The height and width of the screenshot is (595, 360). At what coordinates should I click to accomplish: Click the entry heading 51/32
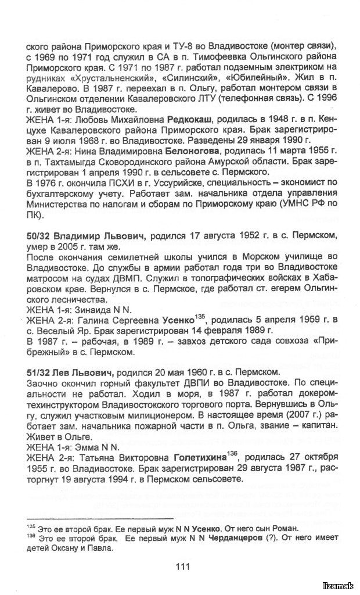tap(39, 372)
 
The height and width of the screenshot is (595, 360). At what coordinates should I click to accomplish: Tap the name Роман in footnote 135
tap(284, 528)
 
